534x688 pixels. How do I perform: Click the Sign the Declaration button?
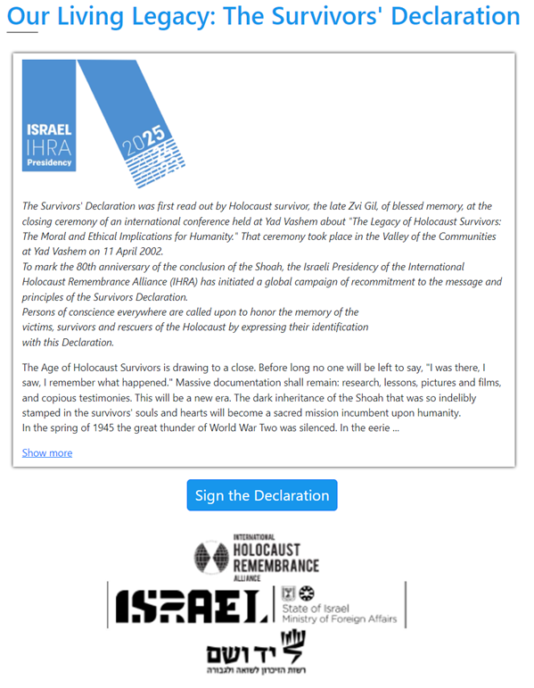262,495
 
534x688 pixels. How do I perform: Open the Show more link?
47,452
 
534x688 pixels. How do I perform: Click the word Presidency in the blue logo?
49,162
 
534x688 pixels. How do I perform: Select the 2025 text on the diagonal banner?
147,143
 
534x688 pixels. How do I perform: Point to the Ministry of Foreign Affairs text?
339,618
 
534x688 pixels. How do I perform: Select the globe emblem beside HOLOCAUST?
211,558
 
